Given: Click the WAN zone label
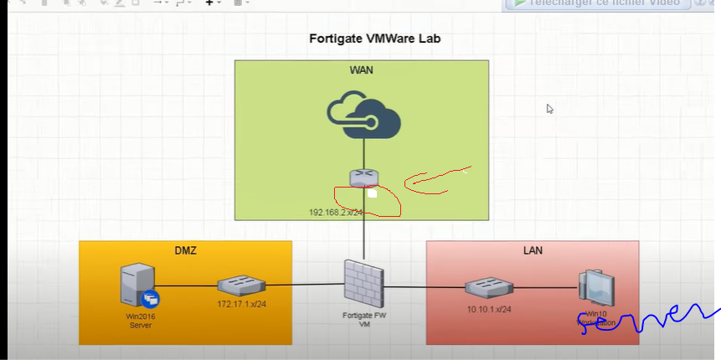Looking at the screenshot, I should click(361, 70).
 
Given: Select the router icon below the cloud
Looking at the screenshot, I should click(364, 177).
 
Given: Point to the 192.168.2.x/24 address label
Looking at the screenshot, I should click(336, 212).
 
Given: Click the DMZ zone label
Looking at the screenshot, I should click(185, 250).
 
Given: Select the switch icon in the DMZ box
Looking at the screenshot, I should click(242, 286).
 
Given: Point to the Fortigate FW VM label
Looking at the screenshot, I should click(364, 320).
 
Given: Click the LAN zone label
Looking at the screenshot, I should click(533, 250).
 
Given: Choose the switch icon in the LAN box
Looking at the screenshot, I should click(490, 287).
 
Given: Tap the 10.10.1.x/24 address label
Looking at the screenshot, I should click(489, 309).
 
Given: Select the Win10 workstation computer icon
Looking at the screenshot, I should click(596, 288).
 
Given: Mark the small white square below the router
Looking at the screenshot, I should click(372, 193).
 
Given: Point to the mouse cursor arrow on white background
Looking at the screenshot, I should click(550, 109).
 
